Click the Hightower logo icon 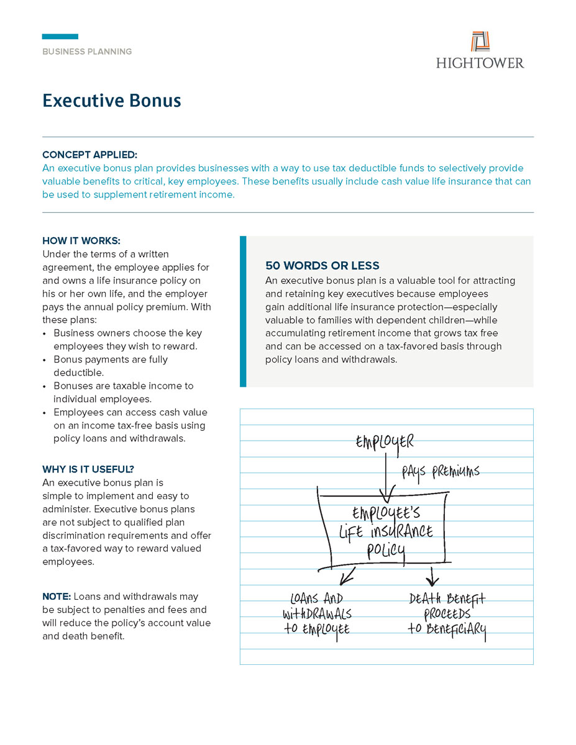[x=480, y=42]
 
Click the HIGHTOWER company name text [x=480, y=63]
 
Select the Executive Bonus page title [x=112, y=101]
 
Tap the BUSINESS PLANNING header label [x=87, y=52]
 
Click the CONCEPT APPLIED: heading [x=89, y=155]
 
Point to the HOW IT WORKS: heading [x=81, y=240]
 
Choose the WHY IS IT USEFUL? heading [x=88, y=469]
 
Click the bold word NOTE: [x=57, y=597]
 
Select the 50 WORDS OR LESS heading [x=322, y=266]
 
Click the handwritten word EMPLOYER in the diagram [x=385, y=442]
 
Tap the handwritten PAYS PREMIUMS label [x=441, y=472]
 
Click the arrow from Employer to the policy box [x=386, y=478]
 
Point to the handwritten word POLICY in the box [x=386, y=550]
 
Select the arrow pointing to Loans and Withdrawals [x=347, y=575]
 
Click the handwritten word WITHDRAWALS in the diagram [x=317, y=614]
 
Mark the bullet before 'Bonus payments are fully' [x=45, y=360]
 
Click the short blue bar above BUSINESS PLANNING [x=60, y=37]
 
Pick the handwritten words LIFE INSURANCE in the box [x=386, y=532]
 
